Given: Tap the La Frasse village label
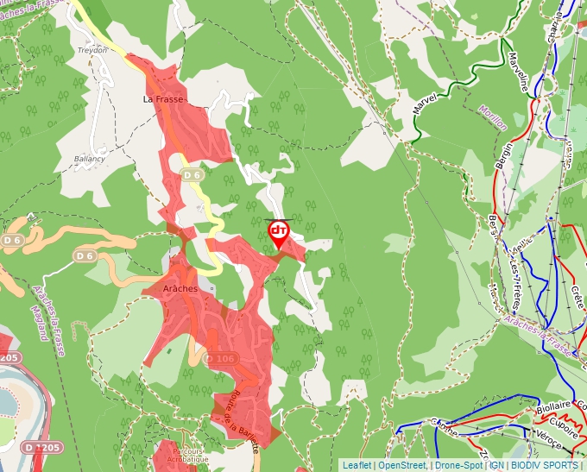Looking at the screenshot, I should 163,100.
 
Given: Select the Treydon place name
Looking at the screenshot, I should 93,50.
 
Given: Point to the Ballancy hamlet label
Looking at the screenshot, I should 89,159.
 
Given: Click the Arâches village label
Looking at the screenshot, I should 181,289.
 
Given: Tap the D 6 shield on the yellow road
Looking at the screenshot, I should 192,175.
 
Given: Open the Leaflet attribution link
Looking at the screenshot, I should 357,465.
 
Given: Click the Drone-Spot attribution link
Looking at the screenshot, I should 458,465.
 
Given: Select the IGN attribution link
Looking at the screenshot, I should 497,465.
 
